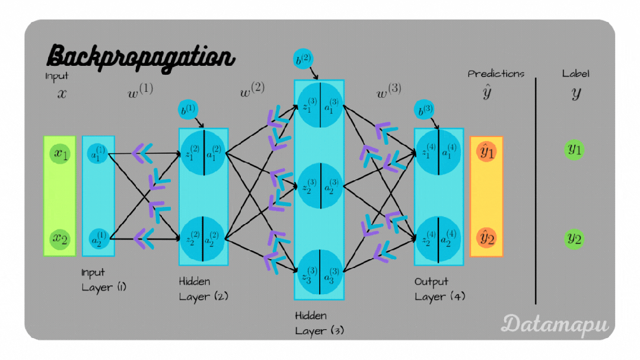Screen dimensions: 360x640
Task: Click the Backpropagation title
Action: [x=141, y=57]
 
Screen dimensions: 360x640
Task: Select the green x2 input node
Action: [x=60, y=239]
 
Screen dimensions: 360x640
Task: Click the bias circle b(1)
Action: [x=188, y=111]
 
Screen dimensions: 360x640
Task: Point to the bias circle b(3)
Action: [x=424, y=111]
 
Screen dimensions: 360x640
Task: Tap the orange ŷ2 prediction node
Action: [x=486, y=239]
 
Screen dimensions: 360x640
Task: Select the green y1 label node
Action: [x=574, y=150]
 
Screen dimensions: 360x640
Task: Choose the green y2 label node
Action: [x=574, y=239]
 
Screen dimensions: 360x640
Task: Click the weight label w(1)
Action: [x=141, y=92]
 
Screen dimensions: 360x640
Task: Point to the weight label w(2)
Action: [x=252, y=91]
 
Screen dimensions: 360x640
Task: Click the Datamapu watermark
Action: [x=555, y=324]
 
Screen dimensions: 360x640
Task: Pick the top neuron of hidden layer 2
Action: [x=203, y=153]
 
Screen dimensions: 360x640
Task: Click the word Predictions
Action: [x=496, y=74]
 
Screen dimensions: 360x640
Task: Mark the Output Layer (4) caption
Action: [x=439, y=289]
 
